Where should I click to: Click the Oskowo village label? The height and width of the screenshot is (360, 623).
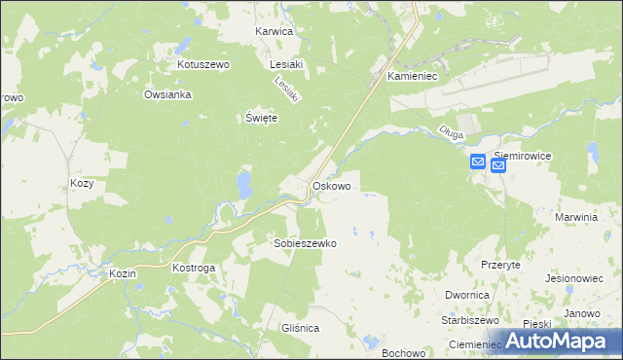click(x=331, y=185)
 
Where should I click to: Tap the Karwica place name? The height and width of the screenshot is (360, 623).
click(x=274, y=31)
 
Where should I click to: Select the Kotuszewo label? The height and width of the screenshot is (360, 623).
click(x=202, y=64)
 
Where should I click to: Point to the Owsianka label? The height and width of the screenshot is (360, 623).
click(x=168, y=94)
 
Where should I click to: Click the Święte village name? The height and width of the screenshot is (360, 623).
click(x=261, y=118)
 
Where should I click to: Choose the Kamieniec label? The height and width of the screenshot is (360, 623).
click(x=416, y=75)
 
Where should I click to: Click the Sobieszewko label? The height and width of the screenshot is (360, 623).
click(x=305, y=243)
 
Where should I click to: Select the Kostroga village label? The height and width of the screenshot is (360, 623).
click(x=193, y=267)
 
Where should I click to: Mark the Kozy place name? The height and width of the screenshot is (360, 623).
click(x=83, y=183)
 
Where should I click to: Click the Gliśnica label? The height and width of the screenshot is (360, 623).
click(x=297, y=329)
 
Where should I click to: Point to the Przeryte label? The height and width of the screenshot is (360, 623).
click(x=500, y=265)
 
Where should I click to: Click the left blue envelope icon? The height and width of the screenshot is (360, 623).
click(x=478, y=162)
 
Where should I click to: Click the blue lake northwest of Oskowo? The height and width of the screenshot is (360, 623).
click(x=243, y=182)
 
